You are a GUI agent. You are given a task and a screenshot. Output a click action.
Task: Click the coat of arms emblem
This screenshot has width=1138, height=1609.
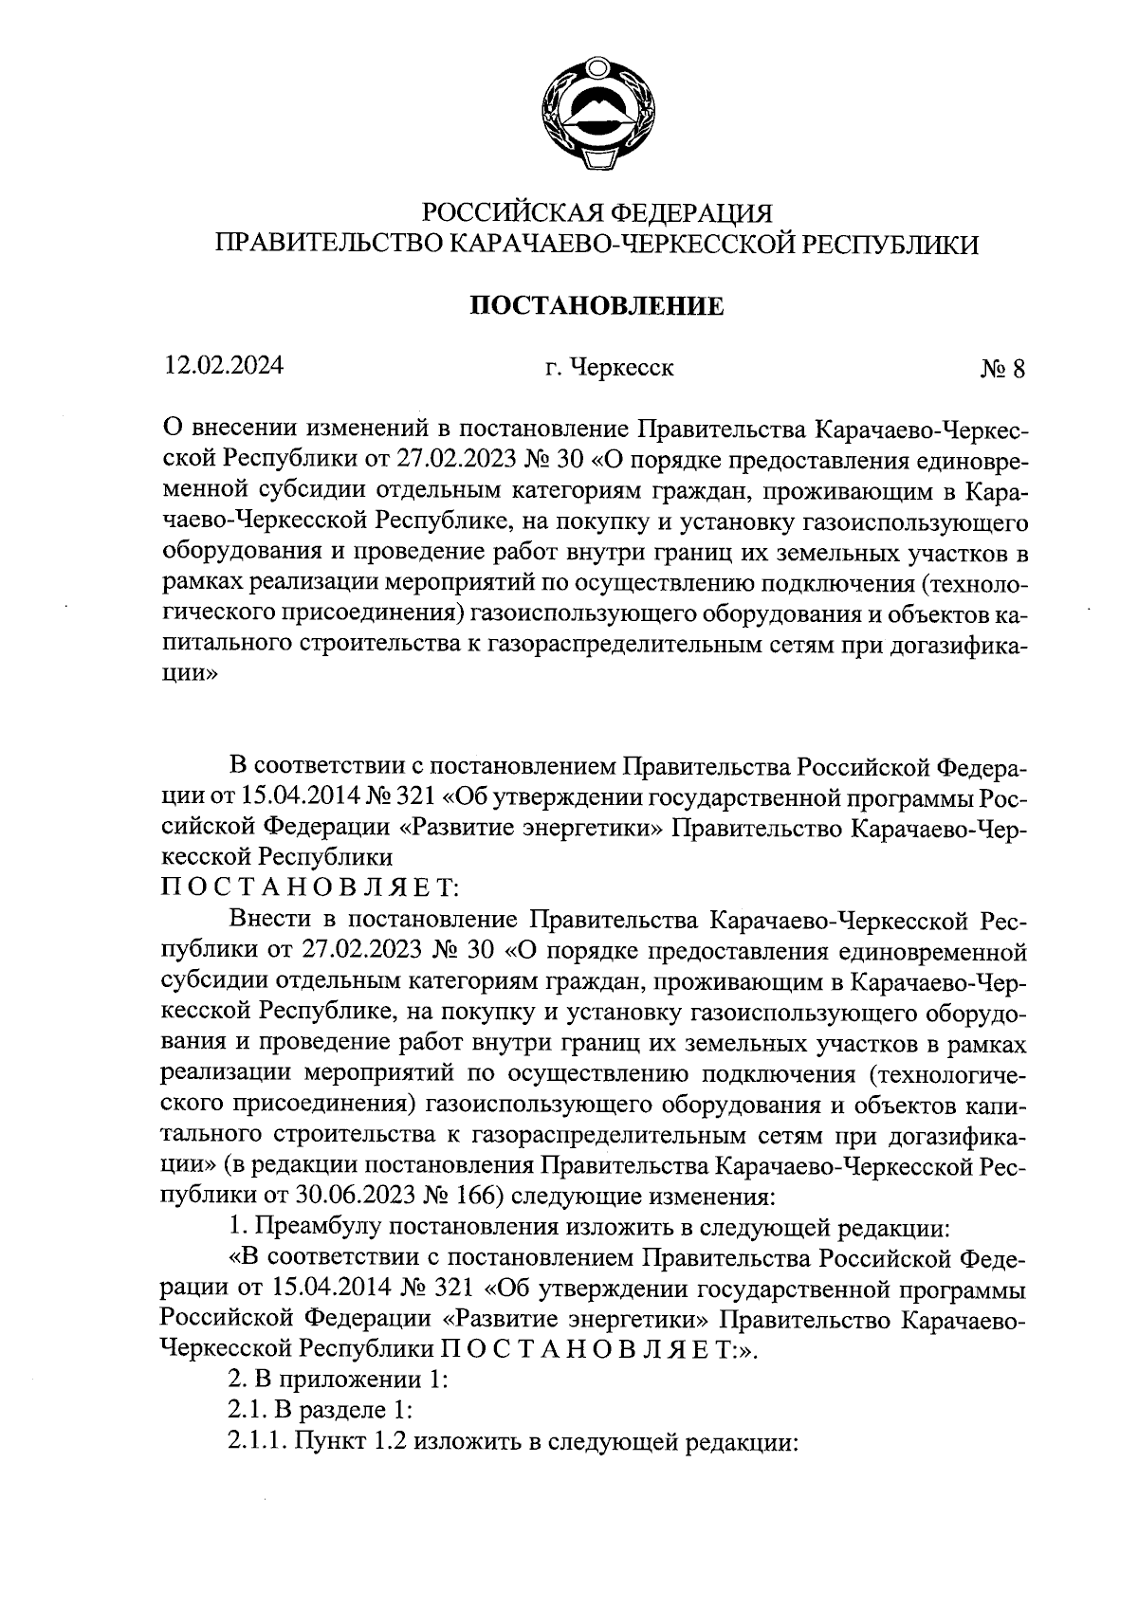tap(597, 116)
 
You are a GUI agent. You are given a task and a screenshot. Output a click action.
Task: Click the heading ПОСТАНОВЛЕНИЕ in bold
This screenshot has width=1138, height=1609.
tap(597, 306)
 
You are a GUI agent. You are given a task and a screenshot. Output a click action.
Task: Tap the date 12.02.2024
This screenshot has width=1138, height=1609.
tap(223, 365)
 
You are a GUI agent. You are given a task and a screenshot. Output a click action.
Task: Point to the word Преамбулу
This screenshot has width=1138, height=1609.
tap(320, 1227)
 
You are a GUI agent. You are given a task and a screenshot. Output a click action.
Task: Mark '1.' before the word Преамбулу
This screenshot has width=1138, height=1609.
tap(237, 1227)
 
